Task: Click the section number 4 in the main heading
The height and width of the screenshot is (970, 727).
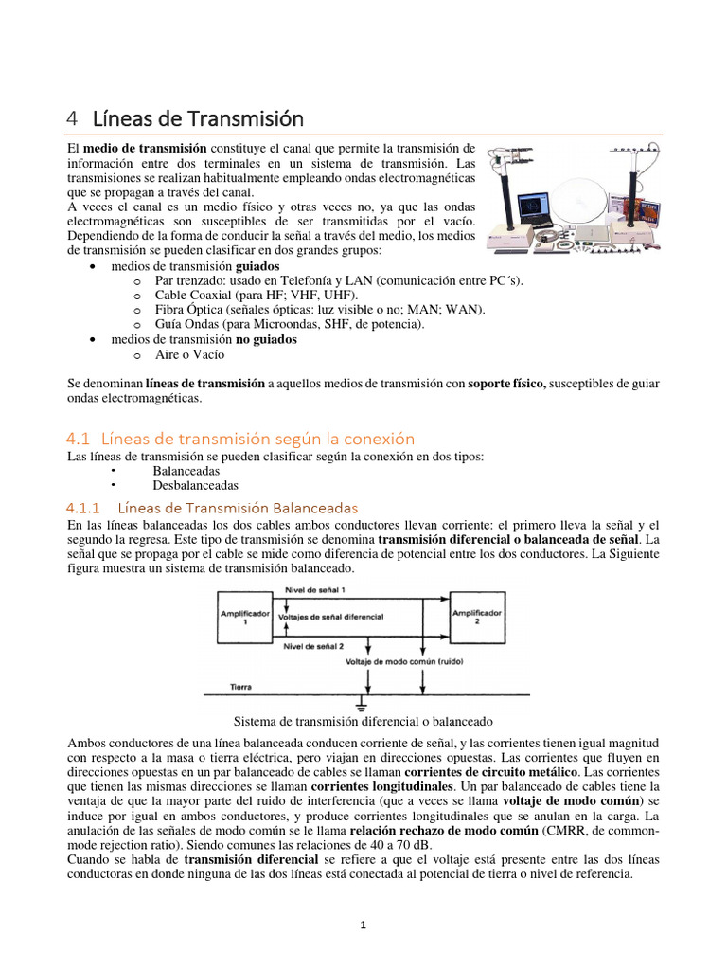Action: coord(72,119)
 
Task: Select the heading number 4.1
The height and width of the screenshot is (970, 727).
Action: coord(78,439)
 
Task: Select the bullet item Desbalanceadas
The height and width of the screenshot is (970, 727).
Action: coord(195,485)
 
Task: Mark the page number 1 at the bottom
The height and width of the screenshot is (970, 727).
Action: coord(363,926)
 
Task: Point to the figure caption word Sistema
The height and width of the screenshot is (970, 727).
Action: coord(257,721)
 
